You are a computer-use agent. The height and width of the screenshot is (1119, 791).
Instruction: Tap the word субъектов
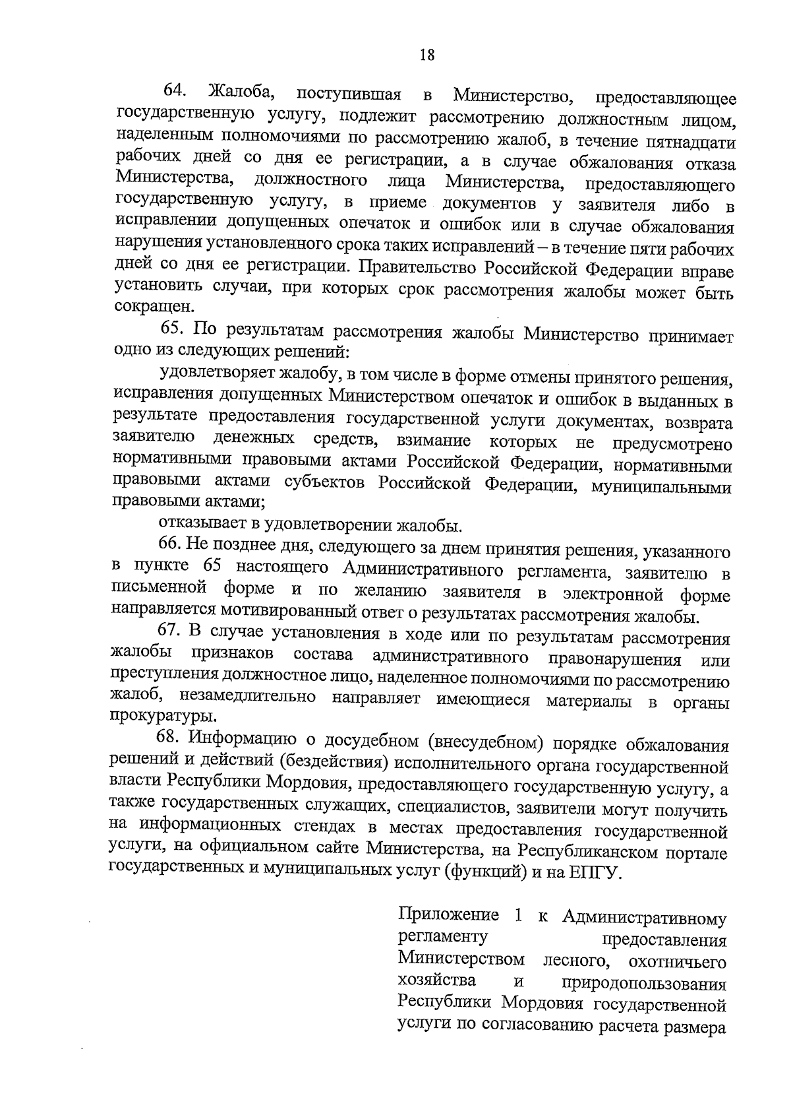click(323, 482)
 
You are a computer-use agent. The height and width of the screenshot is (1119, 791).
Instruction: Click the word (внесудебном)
click(485, 744)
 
